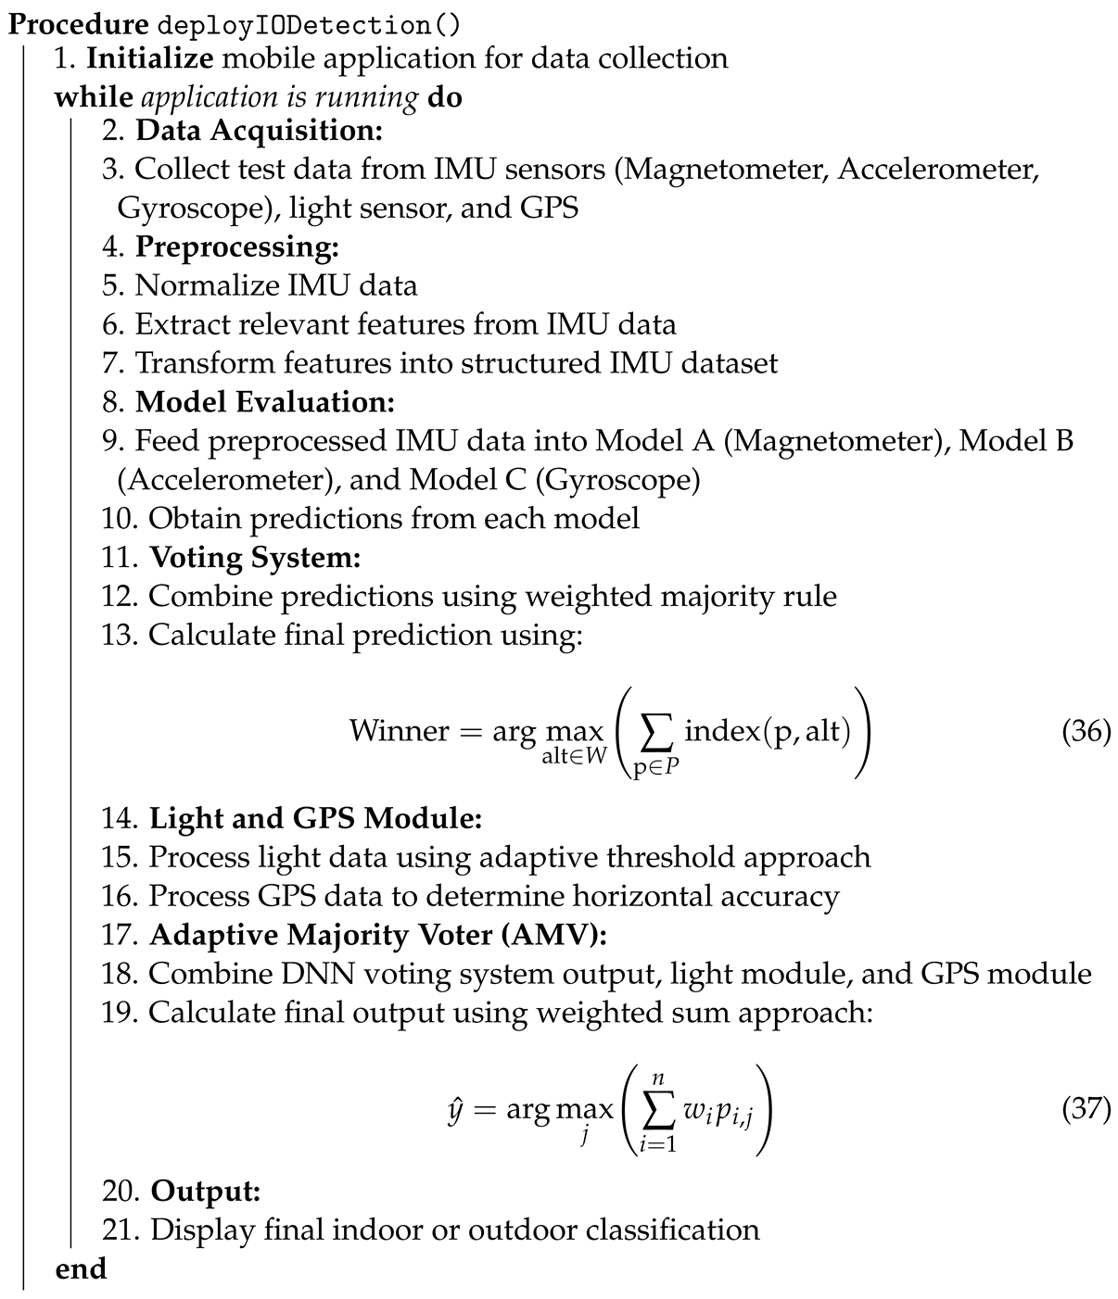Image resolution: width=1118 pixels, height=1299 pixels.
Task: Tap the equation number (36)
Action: coord(1086,731)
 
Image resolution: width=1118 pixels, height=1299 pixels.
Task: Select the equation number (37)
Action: coord(1086,1108)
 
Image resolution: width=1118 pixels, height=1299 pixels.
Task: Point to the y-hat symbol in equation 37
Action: coord(454,1109)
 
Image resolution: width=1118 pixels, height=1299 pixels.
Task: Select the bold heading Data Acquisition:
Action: coord(259,131)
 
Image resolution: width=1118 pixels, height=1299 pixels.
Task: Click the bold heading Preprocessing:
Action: coord(237,247)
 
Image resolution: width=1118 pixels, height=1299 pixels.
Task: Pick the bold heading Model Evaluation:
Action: coord(265,402)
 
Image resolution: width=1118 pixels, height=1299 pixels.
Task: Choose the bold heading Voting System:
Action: coord(255,558)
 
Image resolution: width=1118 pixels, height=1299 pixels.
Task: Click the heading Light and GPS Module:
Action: coord(316,818)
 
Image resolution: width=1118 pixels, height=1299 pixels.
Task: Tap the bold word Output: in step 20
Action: coord(206,1191)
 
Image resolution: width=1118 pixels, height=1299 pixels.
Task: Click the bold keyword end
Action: coord(81,1268)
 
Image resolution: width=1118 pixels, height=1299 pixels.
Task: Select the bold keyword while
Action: coord(93,97)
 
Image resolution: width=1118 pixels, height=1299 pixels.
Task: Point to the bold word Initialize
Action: coord(150,58)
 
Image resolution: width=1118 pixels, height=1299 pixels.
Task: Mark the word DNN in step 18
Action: coord(295,974)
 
